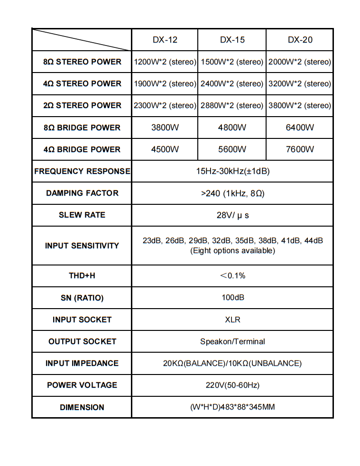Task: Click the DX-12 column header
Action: [x=165, y=40]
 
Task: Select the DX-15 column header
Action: [x=232, y=40]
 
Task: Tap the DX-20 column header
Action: [x=300, y=40]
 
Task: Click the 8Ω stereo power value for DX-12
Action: [x=165, y=62]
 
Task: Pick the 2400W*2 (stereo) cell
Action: [x=232, y=83]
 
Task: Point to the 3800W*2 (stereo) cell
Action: [x=300, y=105]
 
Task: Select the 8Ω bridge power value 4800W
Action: [x=232, y=128]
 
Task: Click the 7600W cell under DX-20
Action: [x=300, y=149]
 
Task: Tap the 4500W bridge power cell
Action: [x=165, y=149]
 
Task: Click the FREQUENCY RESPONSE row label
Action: [x=82, y=171]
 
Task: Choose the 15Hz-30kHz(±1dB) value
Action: [x=232, y=171]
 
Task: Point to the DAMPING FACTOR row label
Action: [x=82, y=193]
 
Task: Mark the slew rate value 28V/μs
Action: [x=232, y=215]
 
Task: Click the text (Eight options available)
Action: [x=232, y=251]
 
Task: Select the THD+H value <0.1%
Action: [x=232, y=275]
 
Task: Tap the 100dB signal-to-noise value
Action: [x=232, y=298]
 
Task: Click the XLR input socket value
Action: [x=232, y=320]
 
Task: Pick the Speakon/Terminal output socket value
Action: [x=232, y=341]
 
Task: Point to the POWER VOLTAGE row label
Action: [x=82, y=385]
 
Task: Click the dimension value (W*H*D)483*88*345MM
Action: [x=232, y=407]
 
